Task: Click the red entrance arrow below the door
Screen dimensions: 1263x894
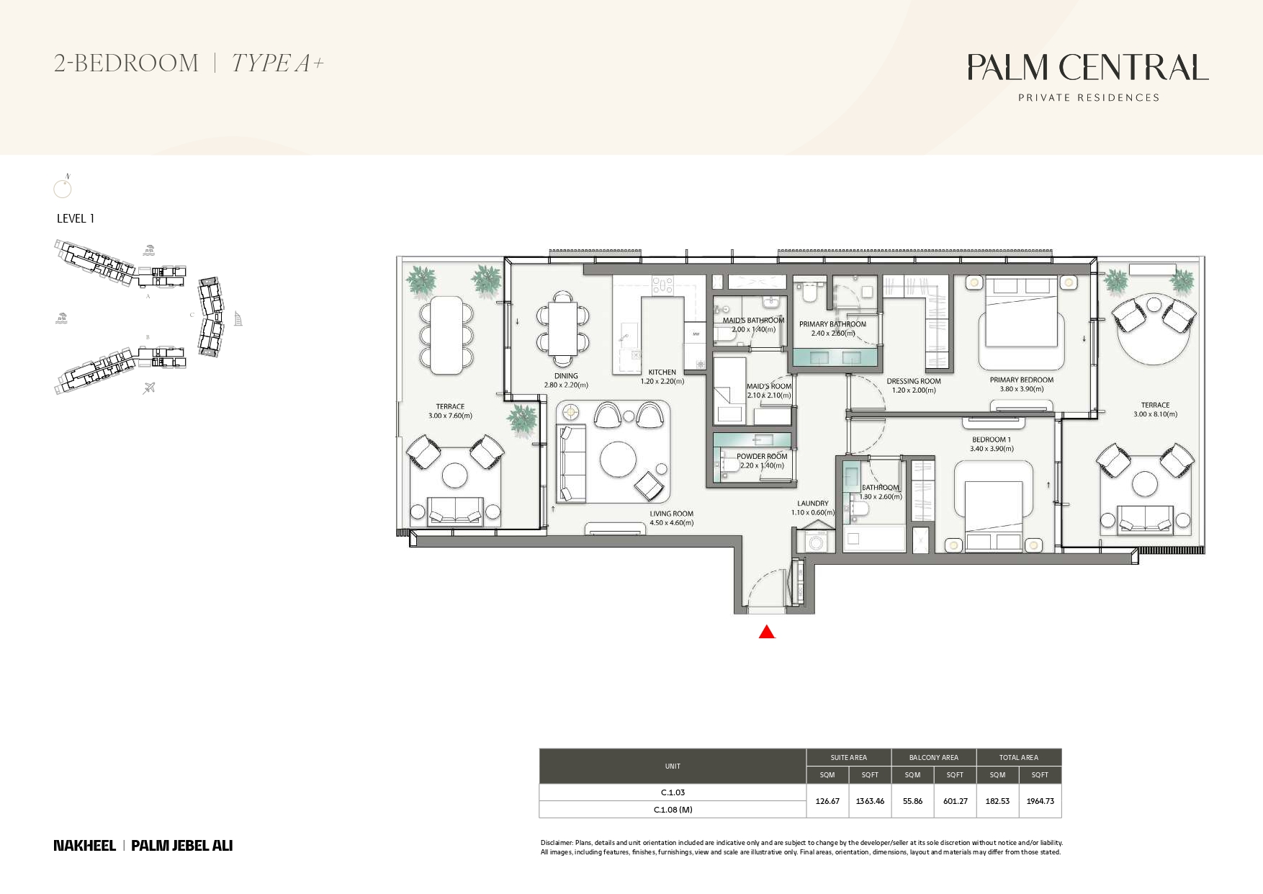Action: coord(767,632)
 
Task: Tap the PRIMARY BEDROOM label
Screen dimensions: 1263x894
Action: coord(1021,380)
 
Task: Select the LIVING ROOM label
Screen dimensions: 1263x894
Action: coord(671,514)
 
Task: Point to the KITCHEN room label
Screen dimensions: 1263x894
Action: coord(662,372)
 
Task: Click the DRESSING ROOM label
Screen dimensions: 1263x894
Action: coord(914,381)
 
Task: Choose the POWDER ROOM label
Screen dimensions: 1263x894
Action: coord(762,456)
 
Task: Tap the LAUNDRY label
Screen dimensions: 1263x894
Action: coord(813,504)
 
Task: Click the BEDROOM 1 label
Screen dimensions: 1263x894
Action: coord(992,439)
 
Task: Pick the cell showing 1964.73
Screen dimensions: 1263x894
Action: coord(1040,801)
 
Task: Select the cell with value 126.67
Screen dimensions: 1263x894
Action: coord(827,801)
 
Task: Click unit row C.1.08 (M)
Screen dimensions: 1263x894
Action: coord(673,810)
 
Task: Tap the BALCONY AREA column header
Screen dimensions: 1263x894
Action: coord(934,757)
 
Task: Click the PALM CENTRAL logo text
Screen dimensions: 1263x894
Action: coord(1088,67)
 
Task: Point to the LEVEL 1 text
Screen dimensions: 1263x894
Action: coord(76,218)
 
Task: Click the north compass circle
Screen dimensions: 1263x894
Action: coord(63,189)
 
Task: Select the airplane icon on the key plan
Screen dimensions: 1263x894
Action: coord(149,388)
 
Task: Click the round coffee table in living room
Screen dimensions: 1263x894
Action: coord(618,459)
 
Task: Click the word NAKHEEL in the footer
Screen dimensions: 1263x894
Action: coord(84,846)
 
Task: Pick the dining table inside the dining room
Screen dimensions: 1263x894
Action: coord(562,329)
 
